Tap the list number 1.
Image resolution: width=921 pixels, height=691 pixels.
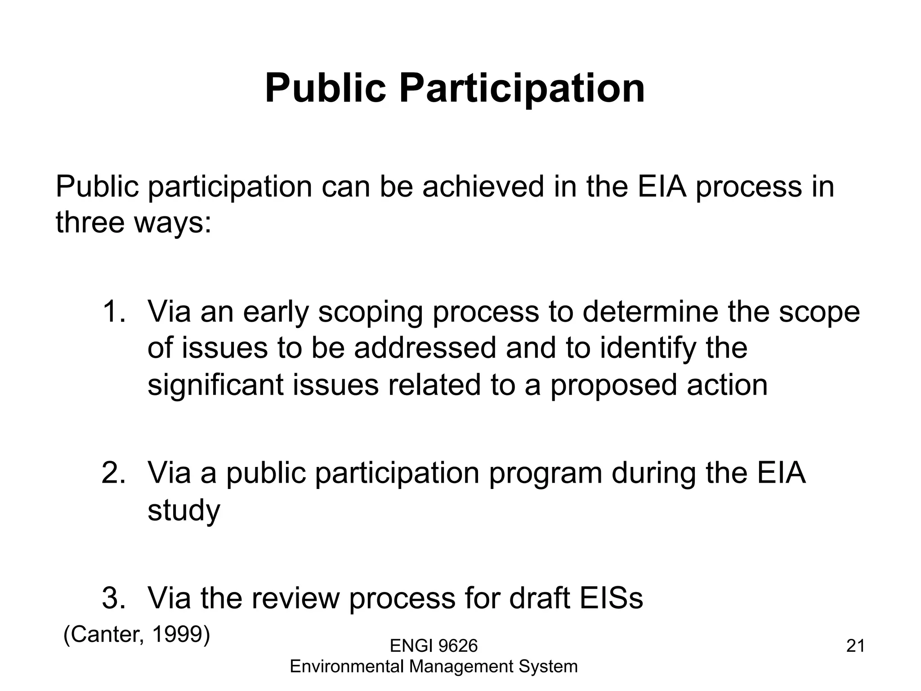112,311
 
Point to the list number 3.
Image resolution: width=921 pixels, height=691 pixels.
112,598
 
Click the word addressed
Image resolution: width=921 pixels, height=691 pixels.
425,348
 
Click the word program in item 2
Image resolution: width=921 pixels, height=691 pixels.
545,474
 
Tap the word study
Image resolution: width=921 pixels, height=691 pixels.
183,511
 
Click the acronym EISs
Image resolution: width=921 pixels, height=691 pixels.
611,598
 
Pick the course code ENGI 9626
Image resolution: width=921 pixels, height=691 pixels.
434,646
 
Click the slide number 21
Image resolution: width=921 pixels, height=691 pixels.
855,646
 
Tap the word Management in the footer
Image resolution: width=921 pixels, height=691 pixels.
460,666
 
